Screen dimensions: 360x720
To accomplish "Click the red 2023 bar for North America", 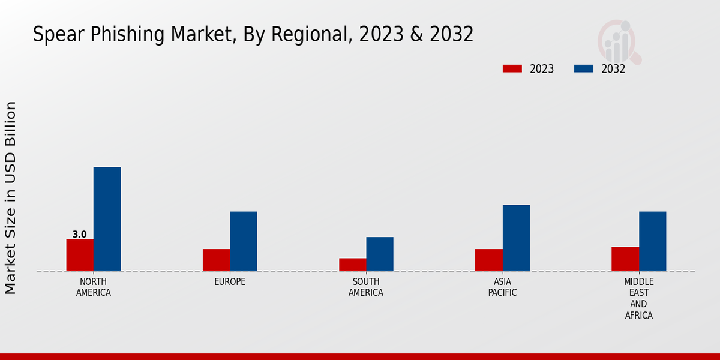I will click(x=80, y=255).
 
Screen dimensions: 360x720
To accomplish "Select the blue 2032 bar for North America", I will click(x=107, y=219).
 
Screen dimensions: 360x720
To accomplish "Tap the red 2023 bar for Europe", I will click(x=216, y=260).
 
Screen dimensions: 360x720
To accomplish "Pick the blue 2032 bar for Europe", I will click(x=243, y=241).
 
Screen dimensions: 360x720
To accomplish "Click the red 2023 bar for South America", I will click(x=352, y=265).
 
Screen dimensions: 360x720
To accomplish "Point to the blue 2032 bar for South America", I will click(x=380, y=254).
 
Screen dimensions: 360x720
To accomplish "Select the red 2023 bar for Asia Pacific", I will click(x=488, y=260).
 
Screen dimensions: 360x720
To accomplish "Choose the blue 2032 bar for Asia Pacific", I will click(x=516, y=238).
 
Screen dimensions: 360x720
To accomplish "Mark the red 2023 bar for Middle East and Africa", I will click(x=625, y=259).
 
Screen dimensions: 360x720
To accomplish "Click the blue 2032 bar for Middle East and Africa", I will click(x=652, y=241).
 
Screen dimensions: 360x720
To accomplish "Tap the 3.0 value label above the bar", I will click(x=80, y=235).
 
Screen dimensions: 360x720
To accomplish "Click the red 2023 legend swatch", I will click(x=512, y=68).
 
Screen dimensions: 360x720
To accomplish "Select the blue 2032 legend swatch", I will click(x=584, y=68).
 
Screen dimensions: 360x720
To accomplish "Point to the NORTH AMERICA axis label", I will click(x=94, y=287).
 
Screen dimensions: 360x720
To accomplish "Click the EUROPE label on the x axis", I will click(x=230, y=282).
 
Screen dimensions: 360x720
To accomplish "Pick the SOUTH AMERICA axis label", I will click(x=366, y=287).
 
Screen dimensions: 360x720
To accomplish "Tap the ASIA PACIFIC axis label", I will click(x=502, y=287).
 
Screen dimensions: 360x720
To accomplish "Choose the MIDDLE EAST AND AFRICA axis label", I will click(x=639, y=298).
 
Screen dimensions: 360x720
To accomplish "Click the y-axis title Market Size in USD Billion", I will click(x=11, y=198).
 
